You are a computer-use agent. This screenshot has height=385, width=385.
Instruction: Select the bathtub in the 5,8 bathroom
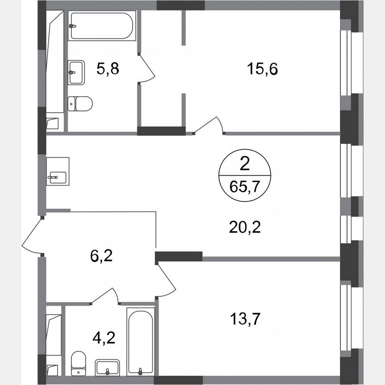click(x=101, y=26)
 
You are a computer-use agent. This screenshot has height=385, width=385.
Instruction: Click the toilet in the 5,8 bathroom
click(x=80, y=103)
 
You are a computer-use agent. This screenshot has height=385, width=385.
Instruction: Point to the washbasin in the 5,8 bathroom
click(x=77, y=72)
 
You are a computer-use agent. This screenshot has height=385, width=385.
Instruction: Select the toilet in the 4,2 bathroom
click(x=79, y=363)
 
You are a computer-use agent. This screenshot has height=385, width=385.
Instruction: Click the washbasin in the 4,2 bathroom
click(x=107, y=368)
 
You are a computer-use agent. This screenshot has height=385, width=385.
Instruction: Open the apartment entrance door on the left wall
click(x=32, y=236)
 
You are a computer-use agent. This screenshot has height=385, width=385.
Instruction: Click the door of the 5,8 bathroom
click(x=146, y=68)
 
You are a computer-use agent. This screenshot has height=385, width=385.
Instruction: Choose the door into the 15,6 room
click(x=209, y=125)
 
